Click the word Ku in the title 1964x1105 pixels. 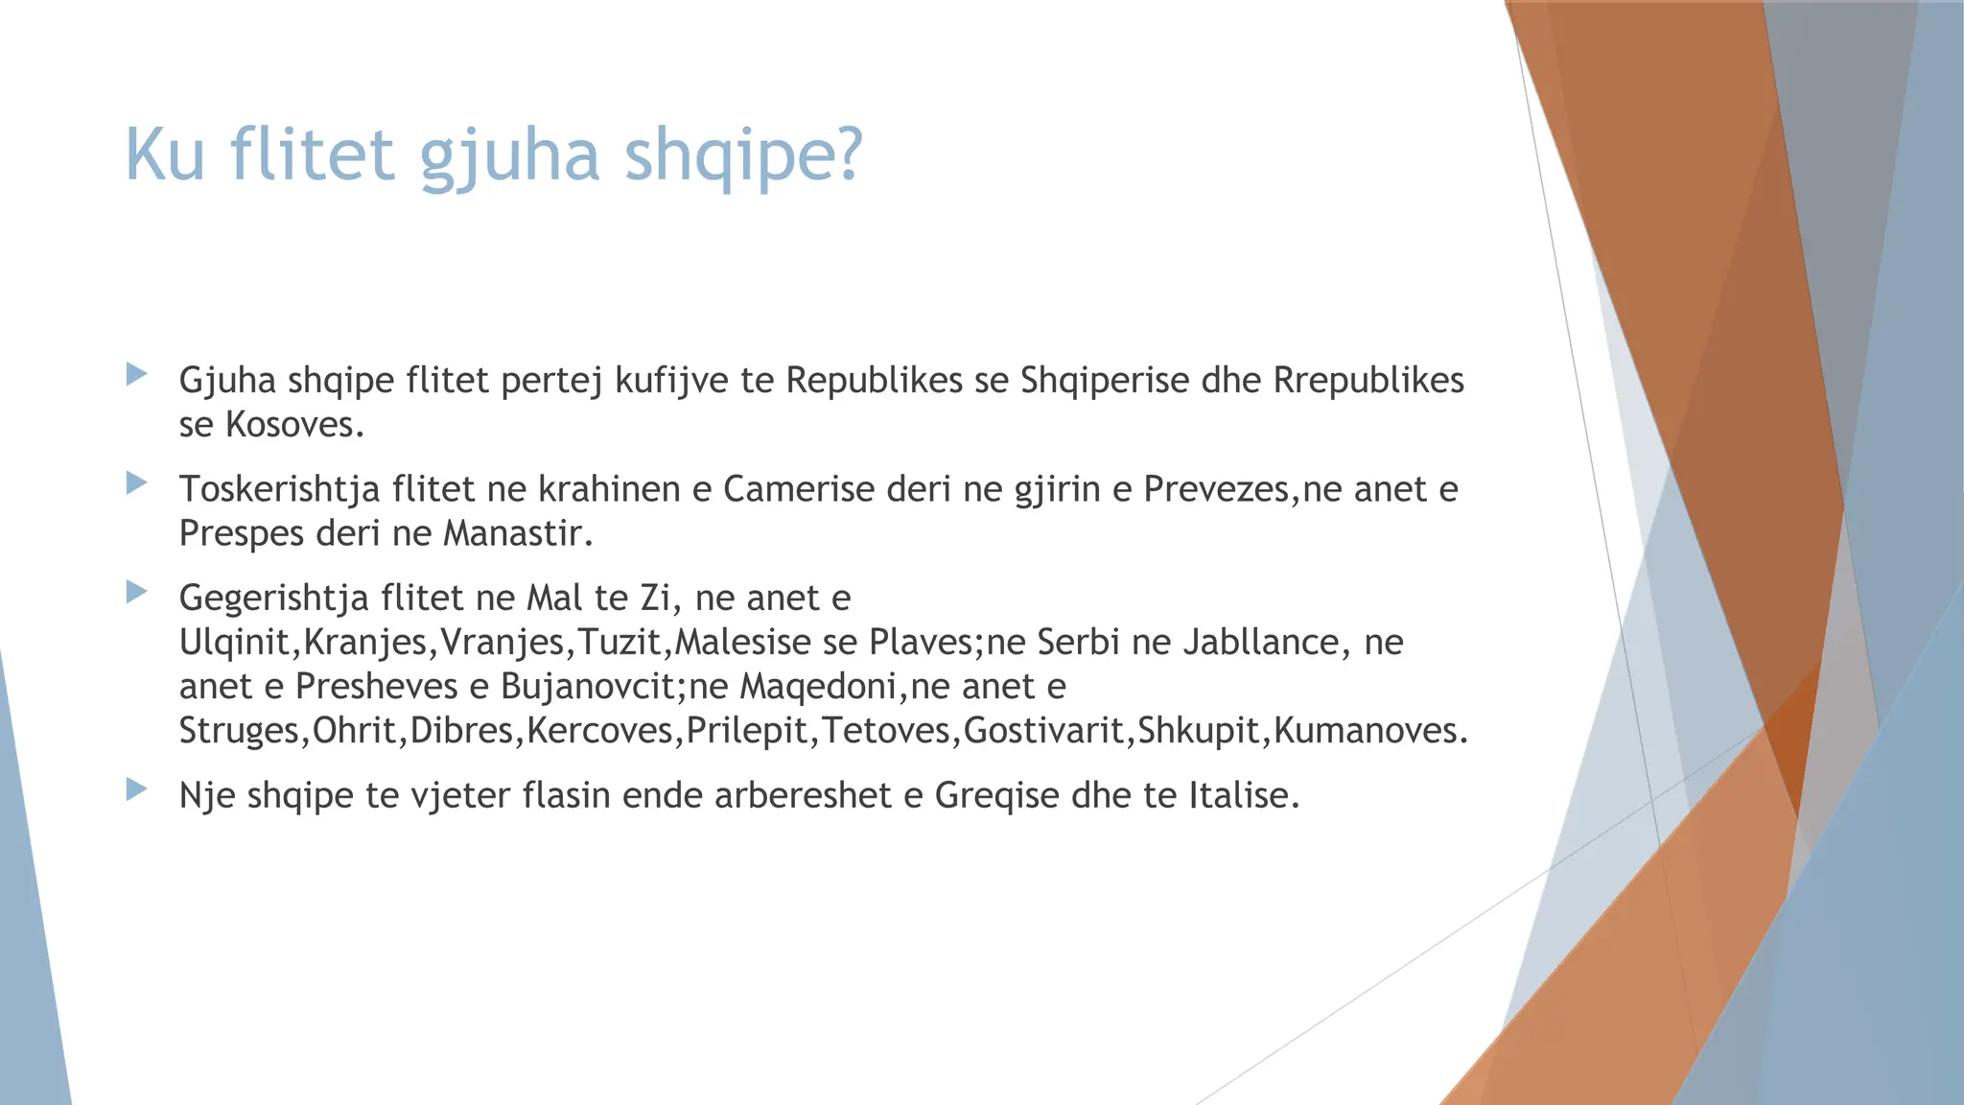(x=165, y=154)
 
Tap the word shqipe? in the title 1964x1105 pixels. (x=744, y=156)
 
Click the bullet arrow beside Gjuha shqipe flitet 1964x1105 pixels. (x=137, y=373)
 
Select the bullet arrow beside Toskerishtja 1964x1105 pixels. (x=137, y=482)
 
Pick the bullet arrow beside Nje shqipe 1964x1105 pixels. (x=137, y=788)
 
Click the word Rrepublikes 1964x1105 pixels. (x=1368, y=381)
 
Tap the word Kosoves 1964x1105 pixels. (x=294, y=425)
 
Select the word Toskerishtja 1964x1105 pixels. (x=280, y=490)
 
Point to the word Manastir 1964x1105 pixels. (x=518, y=533)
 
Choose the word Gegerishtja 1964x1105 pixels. (x=274, y=599)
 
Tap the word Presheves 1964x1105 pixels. (x=377, y=687)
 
